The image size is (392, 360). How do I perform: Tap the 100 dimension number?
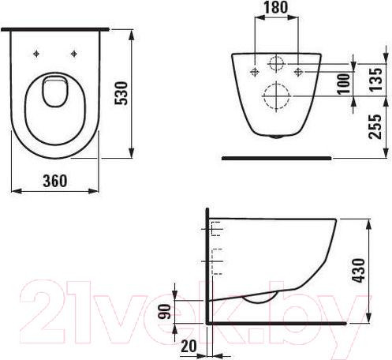tap(342, 84)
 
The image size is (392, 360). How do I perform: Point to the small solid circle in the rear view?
tap(276, 65)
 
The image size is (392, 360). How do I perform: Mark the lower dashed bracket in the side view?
tap(216, 258)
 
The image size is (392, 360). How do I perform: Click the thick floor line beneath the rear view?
tap(275, 157)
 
